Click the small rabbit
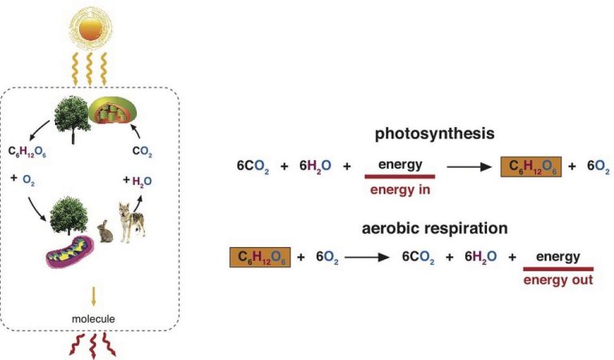click(x=104, y=231)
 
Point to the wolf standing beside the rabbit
click(x=131, y=220)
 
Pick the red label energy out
click(x=557, y=281)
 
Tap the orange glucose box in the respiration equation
click(x=260, y=258)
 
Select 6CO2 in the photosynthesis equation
click(x=253, y=166)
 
